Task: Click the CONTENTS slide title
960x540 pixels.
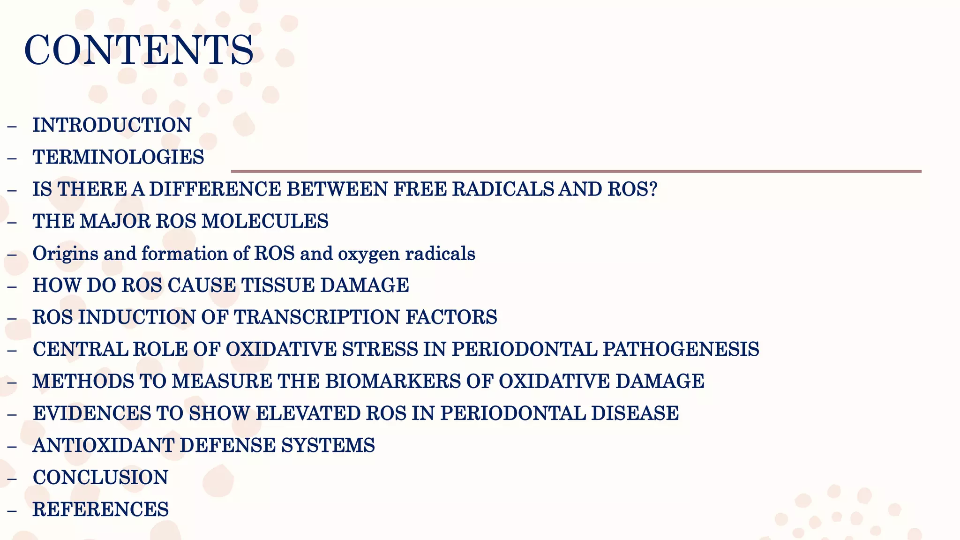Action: pos(139,50)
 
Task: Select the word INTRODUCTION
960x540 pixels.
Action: pos(112,125)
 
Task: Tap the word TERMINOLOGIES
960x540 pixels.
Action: pos(118,157)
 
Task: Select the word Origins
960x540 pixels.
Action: pos(65,254)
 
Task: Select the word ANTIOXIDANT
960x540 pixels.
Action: pos(103,445)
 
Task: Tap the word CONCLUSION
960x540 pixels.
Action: pos(100,477)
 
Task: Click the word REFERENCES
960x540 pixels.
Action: pos(100,510)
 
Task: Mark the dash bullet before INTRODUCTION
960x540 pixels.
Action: pos(12,126)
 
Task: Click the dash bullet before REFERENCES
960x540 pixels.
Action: pos(12,510)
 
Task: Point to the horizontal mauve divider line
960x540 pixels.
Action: pos(576,171)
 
